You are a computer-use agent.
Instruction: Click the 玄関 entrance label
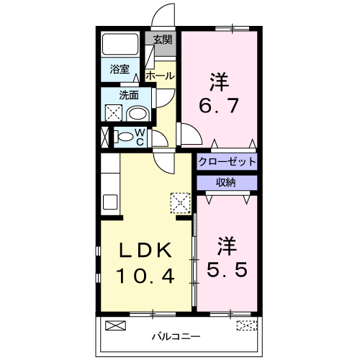tap(163, 40)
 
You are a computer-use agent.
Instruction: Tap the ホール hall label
tap(159, 75)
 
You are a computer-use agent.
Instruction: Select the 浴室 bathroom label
tap(120, 69)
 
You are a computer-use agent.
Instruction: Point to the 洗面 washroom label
tap(129, 94)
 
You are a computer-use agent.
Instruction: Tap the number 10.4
tap(147, 275)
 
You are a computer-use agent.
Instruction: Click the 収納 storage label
tap(226, 182)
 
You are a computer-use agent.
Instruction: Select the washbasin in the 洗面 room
tap(137, 113)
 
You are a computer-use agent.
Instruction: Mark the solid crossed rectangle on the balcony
tap(115, 325)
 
